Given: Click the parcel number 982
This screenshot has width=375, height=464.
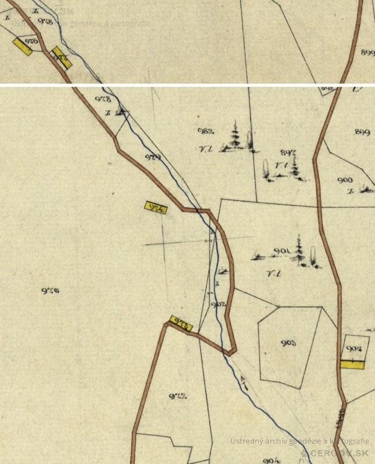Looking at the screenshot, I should click(x=206, y=131).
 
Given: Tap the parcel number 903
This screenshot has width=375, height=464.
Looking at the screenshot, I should click(x=289, y=343).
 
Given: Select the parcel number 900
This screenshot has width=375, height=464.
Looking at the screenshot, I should click(x=345, y=180).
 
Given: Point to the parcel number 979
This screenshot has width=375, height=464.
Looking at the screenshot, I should click(x=152, y=157).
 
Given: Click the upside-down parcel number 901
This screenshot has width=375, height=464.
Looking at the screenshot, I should click(x=281, y=251).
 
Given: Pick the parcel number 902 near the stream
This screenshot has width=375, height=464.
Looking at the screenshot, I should click(x=218, y=304).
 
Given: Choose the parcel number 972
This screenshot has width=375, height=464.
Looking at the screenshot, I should click(x=176, y=397).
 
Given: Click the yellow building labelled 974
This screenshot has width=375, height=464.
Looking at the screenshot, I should click(x=156, y=207).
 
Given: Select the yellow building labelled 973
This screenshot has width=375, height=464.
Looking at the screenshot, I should click(x=181, y=323).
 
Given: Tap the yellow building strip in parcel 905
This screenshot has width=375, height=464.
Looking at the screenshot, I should click(x=352, y=364).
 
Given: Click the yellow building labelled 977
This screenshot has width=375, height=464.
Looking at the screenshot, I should click(x=62, y=57).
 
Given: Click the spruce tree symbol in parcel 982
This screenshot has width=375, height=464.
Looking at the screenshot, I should click(x=236, y=137).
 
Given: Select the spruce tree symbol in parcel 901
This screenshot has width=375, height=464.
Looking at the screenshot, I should click(x=300, y=251).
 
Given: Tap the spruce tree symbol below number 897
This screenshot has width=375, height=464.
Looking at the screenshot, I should click(x=295, y=168).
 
